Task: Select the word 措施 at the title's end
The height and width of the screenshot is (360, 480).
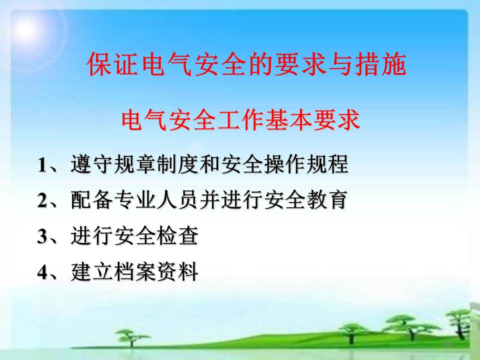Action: tap(380, 64)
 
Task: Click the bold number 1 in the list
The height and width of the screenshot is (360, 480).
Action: tap(42, 165)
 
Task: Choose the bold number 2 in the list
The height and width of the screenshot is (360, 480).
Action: tap(42, 200)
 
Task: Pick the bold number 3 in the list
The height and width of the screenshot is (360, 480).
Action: tap(42, 236)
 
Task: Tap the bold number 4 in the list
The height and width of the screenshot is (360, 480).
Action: tap(42, 272)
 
